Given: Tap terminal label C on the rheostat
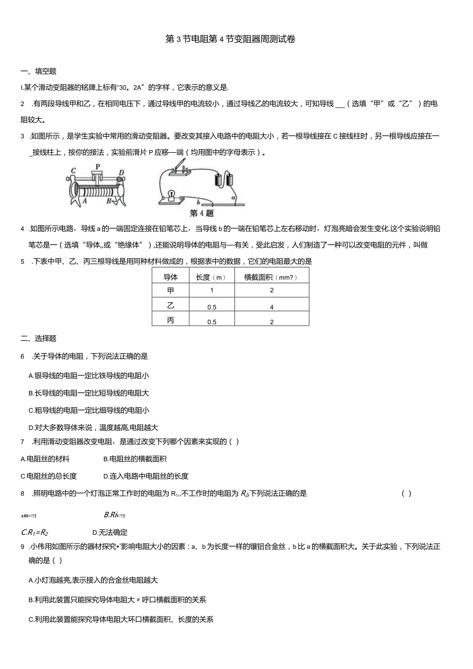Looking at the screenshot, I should point(74,171).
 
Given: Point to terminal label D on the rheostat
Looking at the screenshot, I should point(121,172).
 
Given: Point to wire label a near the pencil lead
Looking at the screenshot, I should point(233,197).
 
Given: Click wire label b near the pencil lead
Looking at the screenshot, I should point(197,203).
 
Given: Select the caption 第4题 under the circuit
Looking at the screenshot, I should point(202,213).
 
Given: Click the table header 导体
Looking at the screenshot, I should point(170,277).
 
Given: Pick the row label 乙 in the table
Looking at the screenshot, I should point(170,306).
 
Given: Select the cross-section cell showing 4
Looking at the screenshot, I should point(271,307).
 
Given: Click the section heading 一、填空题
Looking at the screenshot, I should point(39,71).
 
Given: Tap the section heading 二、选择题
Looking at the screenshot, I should point(39,338).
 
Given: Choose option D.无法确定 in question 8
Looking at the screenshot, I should point(110,532).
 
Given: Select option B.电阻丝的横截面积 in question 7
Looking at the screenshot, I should point(135,459).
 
